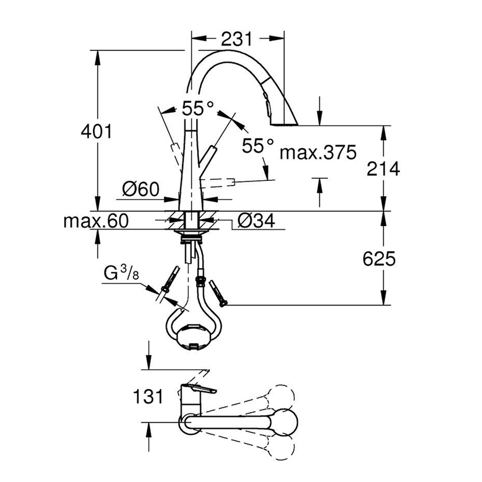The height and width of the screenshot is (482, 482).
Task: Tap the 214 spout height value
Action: [382, 168]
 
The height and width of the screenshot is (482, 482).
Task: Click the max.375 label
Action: [319, 152]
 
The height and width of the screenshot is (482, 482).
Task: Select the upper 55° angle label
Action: [198, 109]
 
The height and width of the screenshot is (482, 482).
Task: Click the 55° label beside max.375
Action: [258, 146]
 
